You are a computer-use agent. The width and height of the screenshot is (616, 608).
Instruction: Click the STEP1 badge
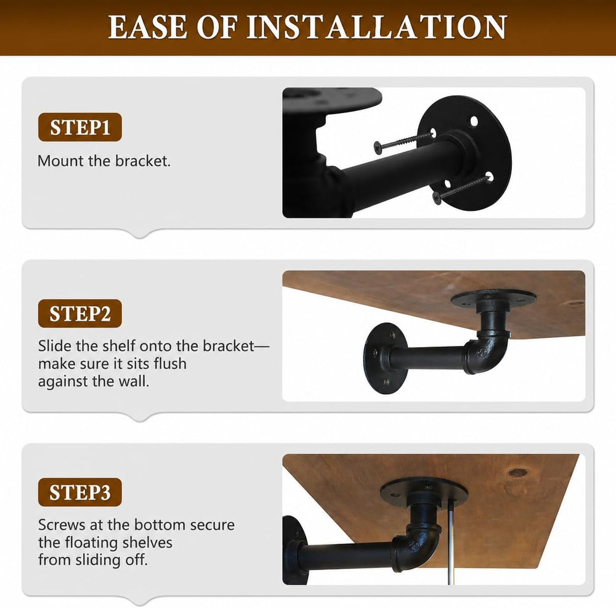coord(79,127)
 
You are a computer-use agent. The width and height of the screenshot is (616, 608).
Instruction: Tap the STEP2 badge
coord(79,313)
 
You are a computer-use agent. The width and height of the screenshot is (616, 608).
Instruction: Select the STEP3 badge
coord(79,492)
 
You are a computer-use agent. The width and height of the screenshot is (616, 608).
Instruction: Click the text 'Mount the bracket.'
coord(104,161)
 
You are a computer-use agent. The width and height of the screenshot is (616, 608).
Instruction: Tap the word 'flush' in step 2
coord(170,364)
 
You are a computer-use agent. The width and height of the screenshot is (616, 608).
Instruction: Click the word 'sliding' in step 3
coord(98,560)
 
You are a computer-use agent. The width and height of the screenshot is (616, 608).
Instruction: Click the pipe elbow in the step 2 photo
coord(486,347)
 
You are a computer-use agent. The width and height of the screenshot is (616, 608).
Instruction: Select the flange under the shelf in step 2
coord(493,298)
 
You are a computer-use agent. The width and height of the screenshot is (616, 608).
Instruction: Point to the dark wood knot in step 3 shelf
coord(517,472)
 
